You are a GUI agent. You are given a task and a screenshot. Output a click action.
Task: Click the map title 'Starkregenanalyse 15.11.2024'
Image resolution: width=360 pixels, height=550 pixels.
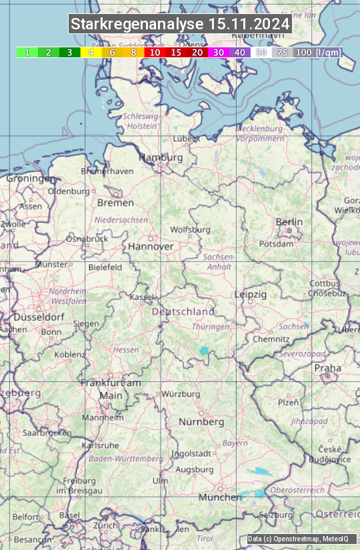[x=180, y=25]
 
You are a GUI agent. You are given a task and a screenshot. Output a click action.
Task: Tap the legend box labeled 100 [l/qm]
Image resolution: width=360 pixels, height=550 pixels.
[x=317, y=52]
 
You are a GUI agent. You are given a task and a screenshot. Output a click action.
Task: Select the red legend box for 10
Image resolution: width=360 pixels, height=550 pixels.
[x=155, y=52]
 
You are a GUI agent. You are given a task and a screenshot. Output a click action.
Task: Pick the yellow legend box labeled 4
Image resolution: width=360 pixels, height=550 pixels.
[x=91, y=52]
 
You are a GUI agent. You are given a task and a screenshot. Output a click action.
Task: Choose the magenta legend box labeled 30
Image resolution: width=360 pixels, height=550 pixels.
[x=219, y=52]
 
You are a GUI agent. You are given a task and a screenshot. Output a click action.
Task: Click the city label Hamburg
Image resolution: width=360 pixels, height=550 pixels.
[x=161, y=158]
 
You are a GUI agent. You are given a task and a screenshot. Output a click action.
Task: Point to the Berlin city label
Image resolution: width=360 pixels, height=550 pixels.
[x=289, y=222]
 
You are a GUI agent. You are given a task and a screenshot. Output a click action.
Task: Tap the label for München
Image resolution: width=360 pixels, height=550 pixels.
[x=220, y=497]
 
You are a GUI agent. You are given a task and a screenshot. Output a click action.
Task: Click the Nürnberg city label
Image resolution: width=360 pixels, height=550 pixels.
[x=201, y=422]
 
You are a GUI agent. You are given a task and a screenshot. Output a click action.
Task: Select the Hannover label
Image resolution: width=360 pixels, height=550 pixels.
[x=151, y=247]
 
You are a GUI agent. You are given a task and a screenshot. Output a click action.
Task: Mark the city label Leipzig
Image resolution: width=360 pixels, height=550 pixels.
[x=251, y=294]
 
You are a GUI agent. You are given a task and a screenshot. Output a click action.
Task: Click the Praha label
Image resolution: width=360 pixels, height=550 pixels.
[x=327, y=368]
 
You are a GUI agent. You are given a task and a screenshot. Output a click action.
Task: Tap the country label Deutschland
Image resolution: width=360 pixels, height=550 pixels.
[x=183, y=311]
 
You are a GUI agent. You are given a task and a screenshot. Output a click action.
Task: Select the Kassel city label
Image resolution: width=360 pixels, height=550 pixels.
[x=142, y=296]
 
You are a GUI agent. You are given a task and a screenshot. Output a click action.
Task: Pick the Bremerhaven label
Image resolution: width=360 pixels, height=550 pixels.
[x=107, y=171]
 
